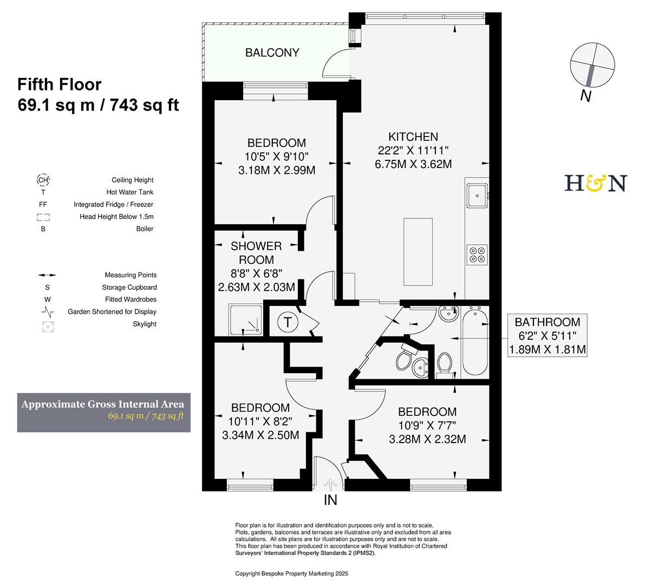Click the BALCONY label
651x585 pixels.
[272, 53]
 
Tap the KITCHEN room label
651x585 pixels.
[413, 137]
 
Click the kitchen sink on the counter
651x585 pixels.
[477, 194]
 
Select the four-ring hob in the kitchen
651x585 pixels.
[477, 255]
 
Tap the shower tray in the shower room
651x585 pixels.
[246, 320]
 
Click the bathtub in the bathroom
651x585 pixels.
[476, 341]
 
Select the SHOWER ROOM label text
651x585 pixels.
[256, 253]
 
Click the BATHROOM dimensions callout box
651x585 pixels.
[548, 336]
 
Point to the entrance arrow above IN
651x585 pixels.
[330, 484]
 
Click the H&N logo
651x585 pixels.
[595, 183]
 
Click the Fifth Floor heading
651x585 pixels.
[60, 84]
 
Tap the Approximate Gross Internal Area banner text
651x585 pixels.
[103, 404]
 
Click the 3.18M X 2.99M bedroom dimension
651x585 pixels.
[276, 170]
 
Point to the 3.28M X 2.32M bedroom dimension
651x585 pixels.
[427, 439]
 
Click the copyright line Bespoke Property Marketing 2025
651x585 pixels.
[291, 573]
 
